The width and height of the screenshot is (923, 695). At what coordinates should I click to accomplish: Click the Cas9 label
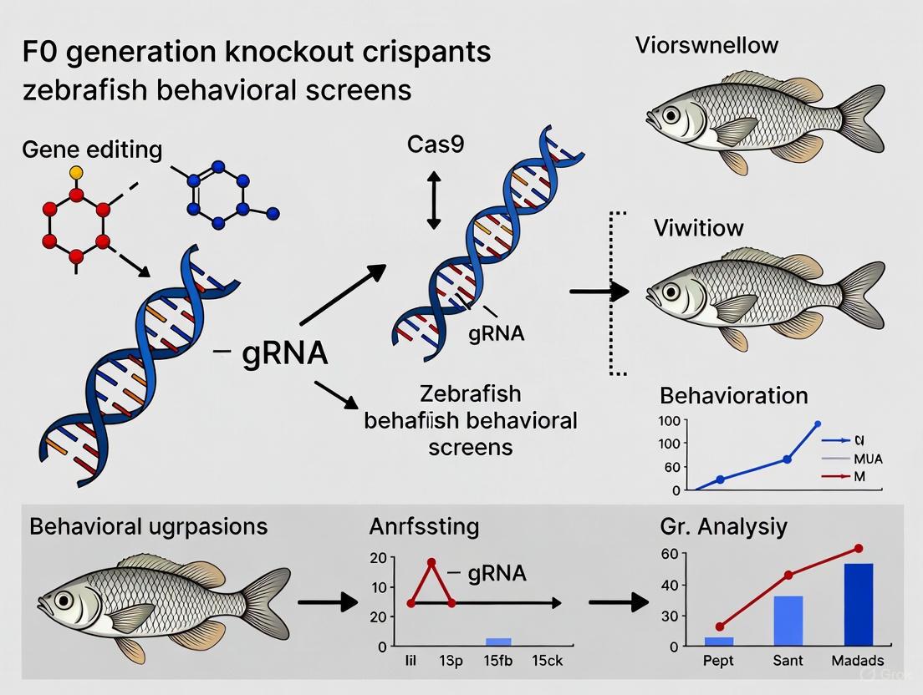click(436, 145)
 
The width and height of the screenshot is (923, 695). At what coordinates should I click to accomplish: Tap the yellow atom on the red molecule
click(76, 172)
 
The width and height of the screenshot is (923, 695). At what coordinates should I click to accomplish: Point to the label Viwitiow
click(699, 227)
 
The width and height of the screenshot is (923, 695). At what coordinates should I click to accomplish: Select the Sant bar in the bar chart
click(788, 621)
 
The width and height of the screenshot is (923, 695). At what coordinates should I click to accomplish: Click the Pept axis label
click(718, 661)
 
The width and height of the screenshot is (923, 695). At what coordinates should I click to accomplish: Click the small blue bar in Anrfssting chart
click(498, 641)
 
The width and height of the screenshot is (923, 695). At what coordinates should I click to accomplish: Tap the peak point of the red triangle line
click(432, 562)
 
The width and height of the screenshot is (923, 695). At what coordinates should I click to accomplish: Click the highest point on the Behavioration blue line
click(817, 424)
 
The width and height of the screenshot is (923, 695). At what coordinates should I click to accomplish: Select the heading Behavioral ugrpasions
click(149, 526)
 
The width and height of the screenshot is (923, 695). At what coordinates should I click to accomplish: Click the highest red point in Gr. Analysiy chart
click(858, 549)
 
